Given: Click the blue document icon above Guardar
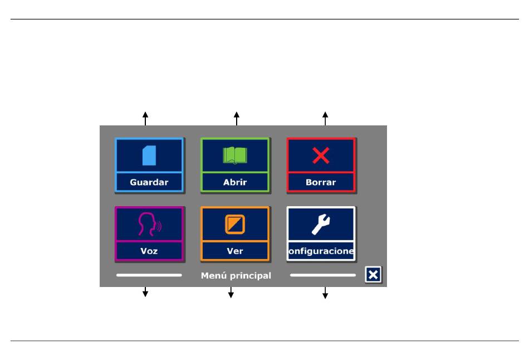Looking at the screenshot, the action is (149, 155).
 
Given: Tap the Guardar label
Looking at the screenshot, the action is (149, 182).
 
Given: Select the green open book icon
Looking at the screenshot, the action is (235, 155).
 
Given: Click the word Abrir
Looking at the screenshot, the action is (235, 182).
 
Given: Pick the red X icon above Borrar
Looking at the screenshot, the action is (321, 155).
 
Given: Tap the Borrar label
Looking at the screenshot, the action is (321, 182).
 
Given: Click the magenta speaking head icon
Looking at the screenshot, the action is (149, 224).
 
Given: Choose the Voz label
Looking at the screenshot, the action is (149, 251).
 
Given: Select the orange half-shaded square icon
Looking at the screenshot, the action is (235, 224).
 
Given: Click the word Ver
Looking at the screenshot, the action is (235, 251).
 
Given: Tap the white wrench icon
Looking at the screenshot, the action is (321, 224).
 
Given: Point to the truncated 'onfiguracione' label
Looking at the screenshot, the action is (321, 251).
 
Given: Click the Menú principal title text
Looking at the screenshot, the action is (236, 275).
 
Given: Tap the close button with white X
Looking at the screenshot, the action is (373, 275).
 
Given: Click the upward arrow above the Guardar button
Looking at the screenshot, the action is (145, 119).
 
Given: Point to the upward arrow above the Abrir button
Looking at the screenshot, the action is (237, 119).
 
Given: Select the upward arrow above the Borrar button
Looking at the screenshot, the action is (325, 119).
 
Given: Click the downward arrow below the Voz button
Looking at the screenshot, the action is (145, 292).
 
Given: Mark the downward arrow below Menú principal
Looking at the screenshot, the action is (231, 293).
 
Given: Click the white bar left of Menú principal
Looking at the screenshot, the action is (149, 275).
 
